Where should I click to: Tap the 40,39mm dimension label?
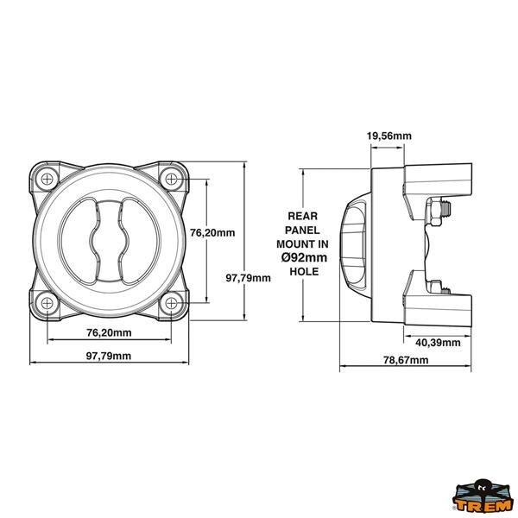(439, 343)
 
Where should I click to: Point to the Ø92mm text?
(303, 257)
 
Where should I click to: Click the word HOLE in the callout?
(304, 271)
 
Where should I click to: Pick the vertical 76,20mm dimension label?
(212, 232)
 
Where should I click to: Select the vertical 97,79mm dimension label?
(249, 278)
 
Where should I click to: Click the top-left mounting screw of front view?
(47, 179)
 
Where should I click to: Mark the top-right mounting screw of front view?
(173, 179)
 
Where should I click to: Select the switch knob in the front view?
(110, 240)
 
